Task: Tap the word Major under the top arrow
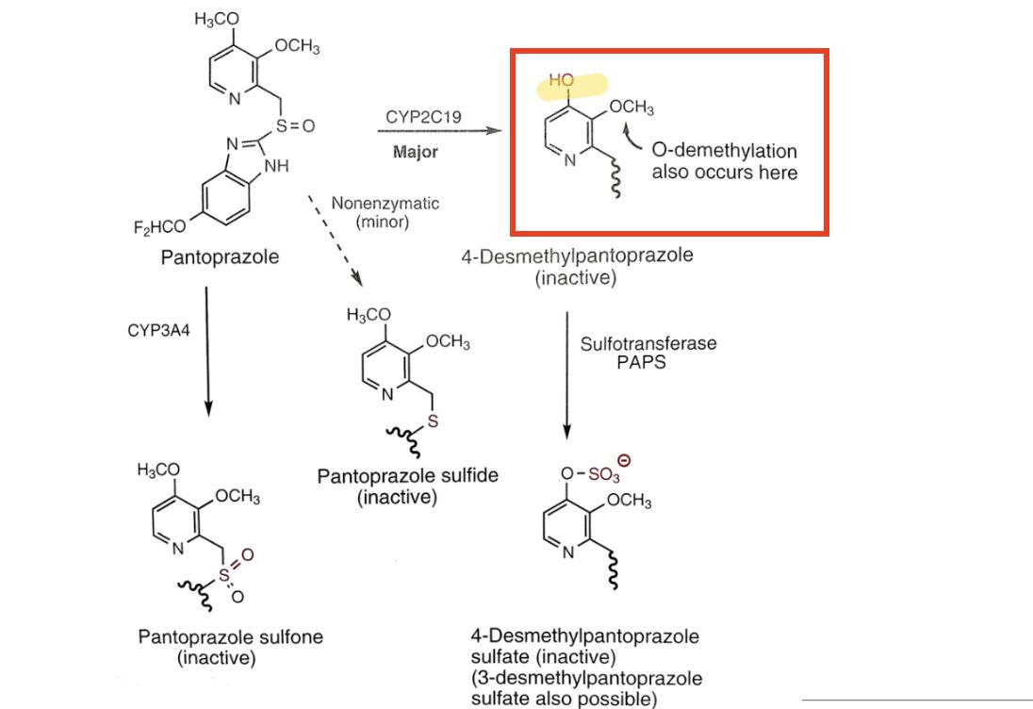tap(415, 153)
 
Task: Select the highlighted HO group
tap(562, 83)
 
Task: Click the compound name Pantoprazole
tap(220, 256)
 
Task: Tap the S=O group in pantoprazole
tap(293, 124)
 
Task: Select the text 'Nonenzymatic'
tap(385, 204)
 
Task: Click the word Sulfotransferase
tap(648, 344)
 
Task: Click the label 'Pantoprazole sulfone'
tap(230, 637)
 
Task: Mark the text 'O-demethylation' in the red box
tap(724, 152)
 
